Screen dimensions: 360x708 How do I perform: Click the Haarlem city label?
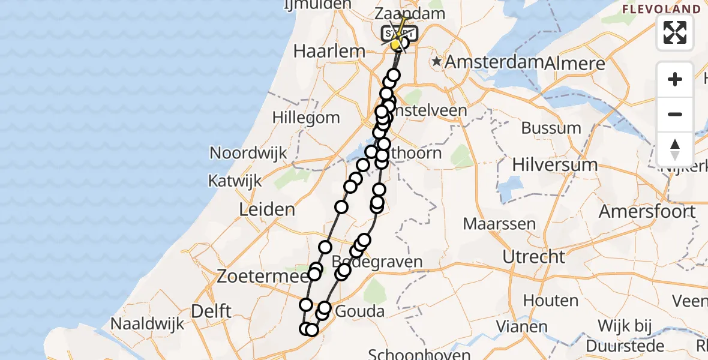point(329,51)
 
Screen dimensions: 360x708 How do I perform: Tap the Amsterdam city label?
point(494,62)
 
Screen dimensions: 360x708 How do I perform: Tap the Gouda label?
point(359,311)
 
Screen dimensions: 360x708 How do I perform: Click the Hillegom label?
point(306,118)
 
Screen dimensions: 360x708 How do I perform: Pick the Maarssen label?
point(499,224)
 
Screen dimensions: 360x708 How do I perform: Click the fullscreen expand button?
point(675,32)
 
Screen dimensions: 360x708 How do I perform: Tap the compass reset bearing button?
point(675,149)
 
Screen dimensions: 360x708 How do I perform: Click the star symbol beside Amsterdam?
point(439,62)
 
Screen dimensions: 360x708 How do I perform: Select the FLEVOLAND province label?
point(661,9)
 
